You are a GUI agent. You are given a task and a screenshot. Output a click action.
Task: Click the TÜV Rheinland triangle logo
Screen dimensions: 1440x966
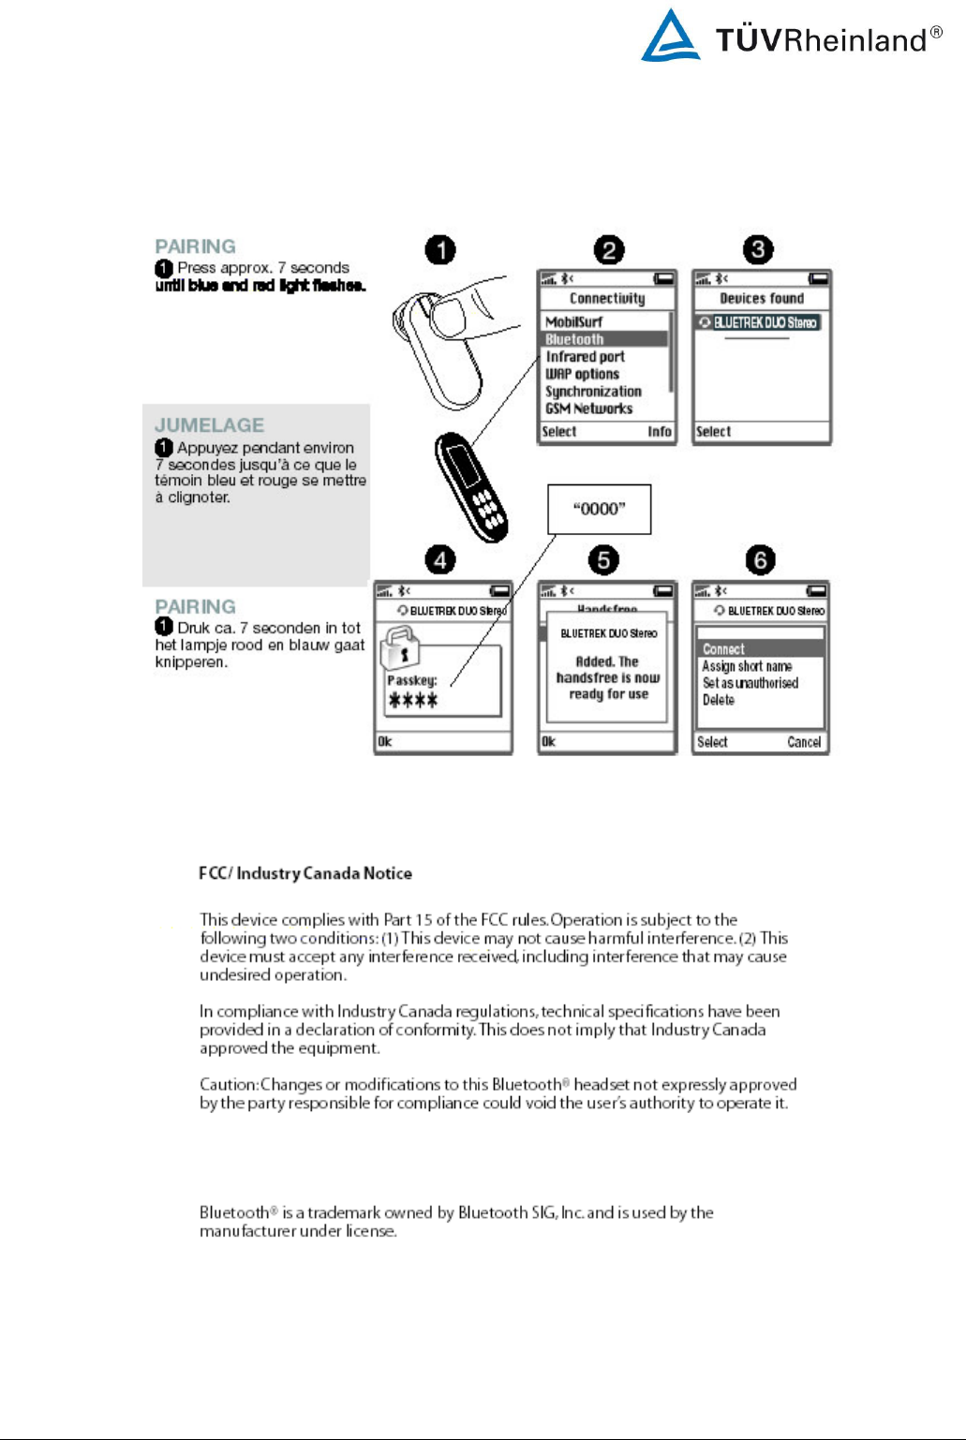click(670, 37)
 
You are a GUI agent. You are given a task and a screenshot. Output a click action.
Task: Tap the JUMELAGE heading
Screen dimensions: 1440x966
click(209, 425)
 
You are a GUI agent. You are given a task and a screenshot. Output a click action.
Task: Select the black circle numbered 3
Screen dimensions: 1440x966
click(758, 250)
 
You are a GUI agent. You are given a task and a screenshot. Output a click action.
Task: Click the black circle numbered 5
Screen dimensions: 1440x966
click(603, 560)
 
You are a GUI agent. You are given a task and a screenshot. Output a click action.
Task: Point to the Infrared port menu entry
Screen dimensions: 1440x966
click(585, 357)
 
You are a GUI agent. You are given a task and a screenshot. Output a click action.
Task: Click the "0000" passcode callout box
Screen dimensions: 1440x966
click(599, 509)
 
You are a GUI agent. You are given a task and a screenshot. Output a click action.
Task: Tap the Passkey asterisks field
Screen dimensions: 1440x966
click(413, 700)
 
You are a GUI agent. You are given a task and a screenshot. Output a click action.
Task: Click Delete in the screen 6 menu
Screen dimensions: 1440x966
click(719, 700)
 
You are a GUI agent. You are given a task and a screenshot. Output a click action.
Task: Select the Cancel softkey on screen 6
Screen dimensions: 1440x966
click(804, 742)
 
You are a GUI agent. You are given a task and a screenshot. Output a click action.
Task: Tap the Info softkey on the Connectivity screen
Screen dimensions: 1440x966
click(660, 432)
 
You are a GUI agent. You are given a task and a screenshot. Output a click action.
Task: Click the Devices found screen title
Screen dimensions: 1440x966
click(762, 299)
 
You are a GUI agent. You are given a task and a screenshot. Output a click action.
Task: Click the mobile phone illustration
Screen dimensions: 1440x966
click(472, 486)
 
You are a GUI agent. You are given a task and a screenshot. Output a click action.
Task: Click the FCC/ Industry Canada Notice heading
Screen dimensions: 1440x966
click(305, 873)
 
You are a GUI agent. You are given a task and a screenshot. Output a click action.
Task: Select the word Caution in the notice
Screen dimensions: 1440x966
click(229, 1085)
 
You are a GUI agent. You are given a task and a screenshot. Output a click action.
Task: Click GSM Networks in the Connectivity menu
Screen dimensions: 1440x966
click(588, 408)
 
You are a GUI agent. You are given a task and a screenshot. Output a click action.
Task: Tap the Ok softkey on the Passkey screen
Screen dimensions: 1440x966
click(385, 742)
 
